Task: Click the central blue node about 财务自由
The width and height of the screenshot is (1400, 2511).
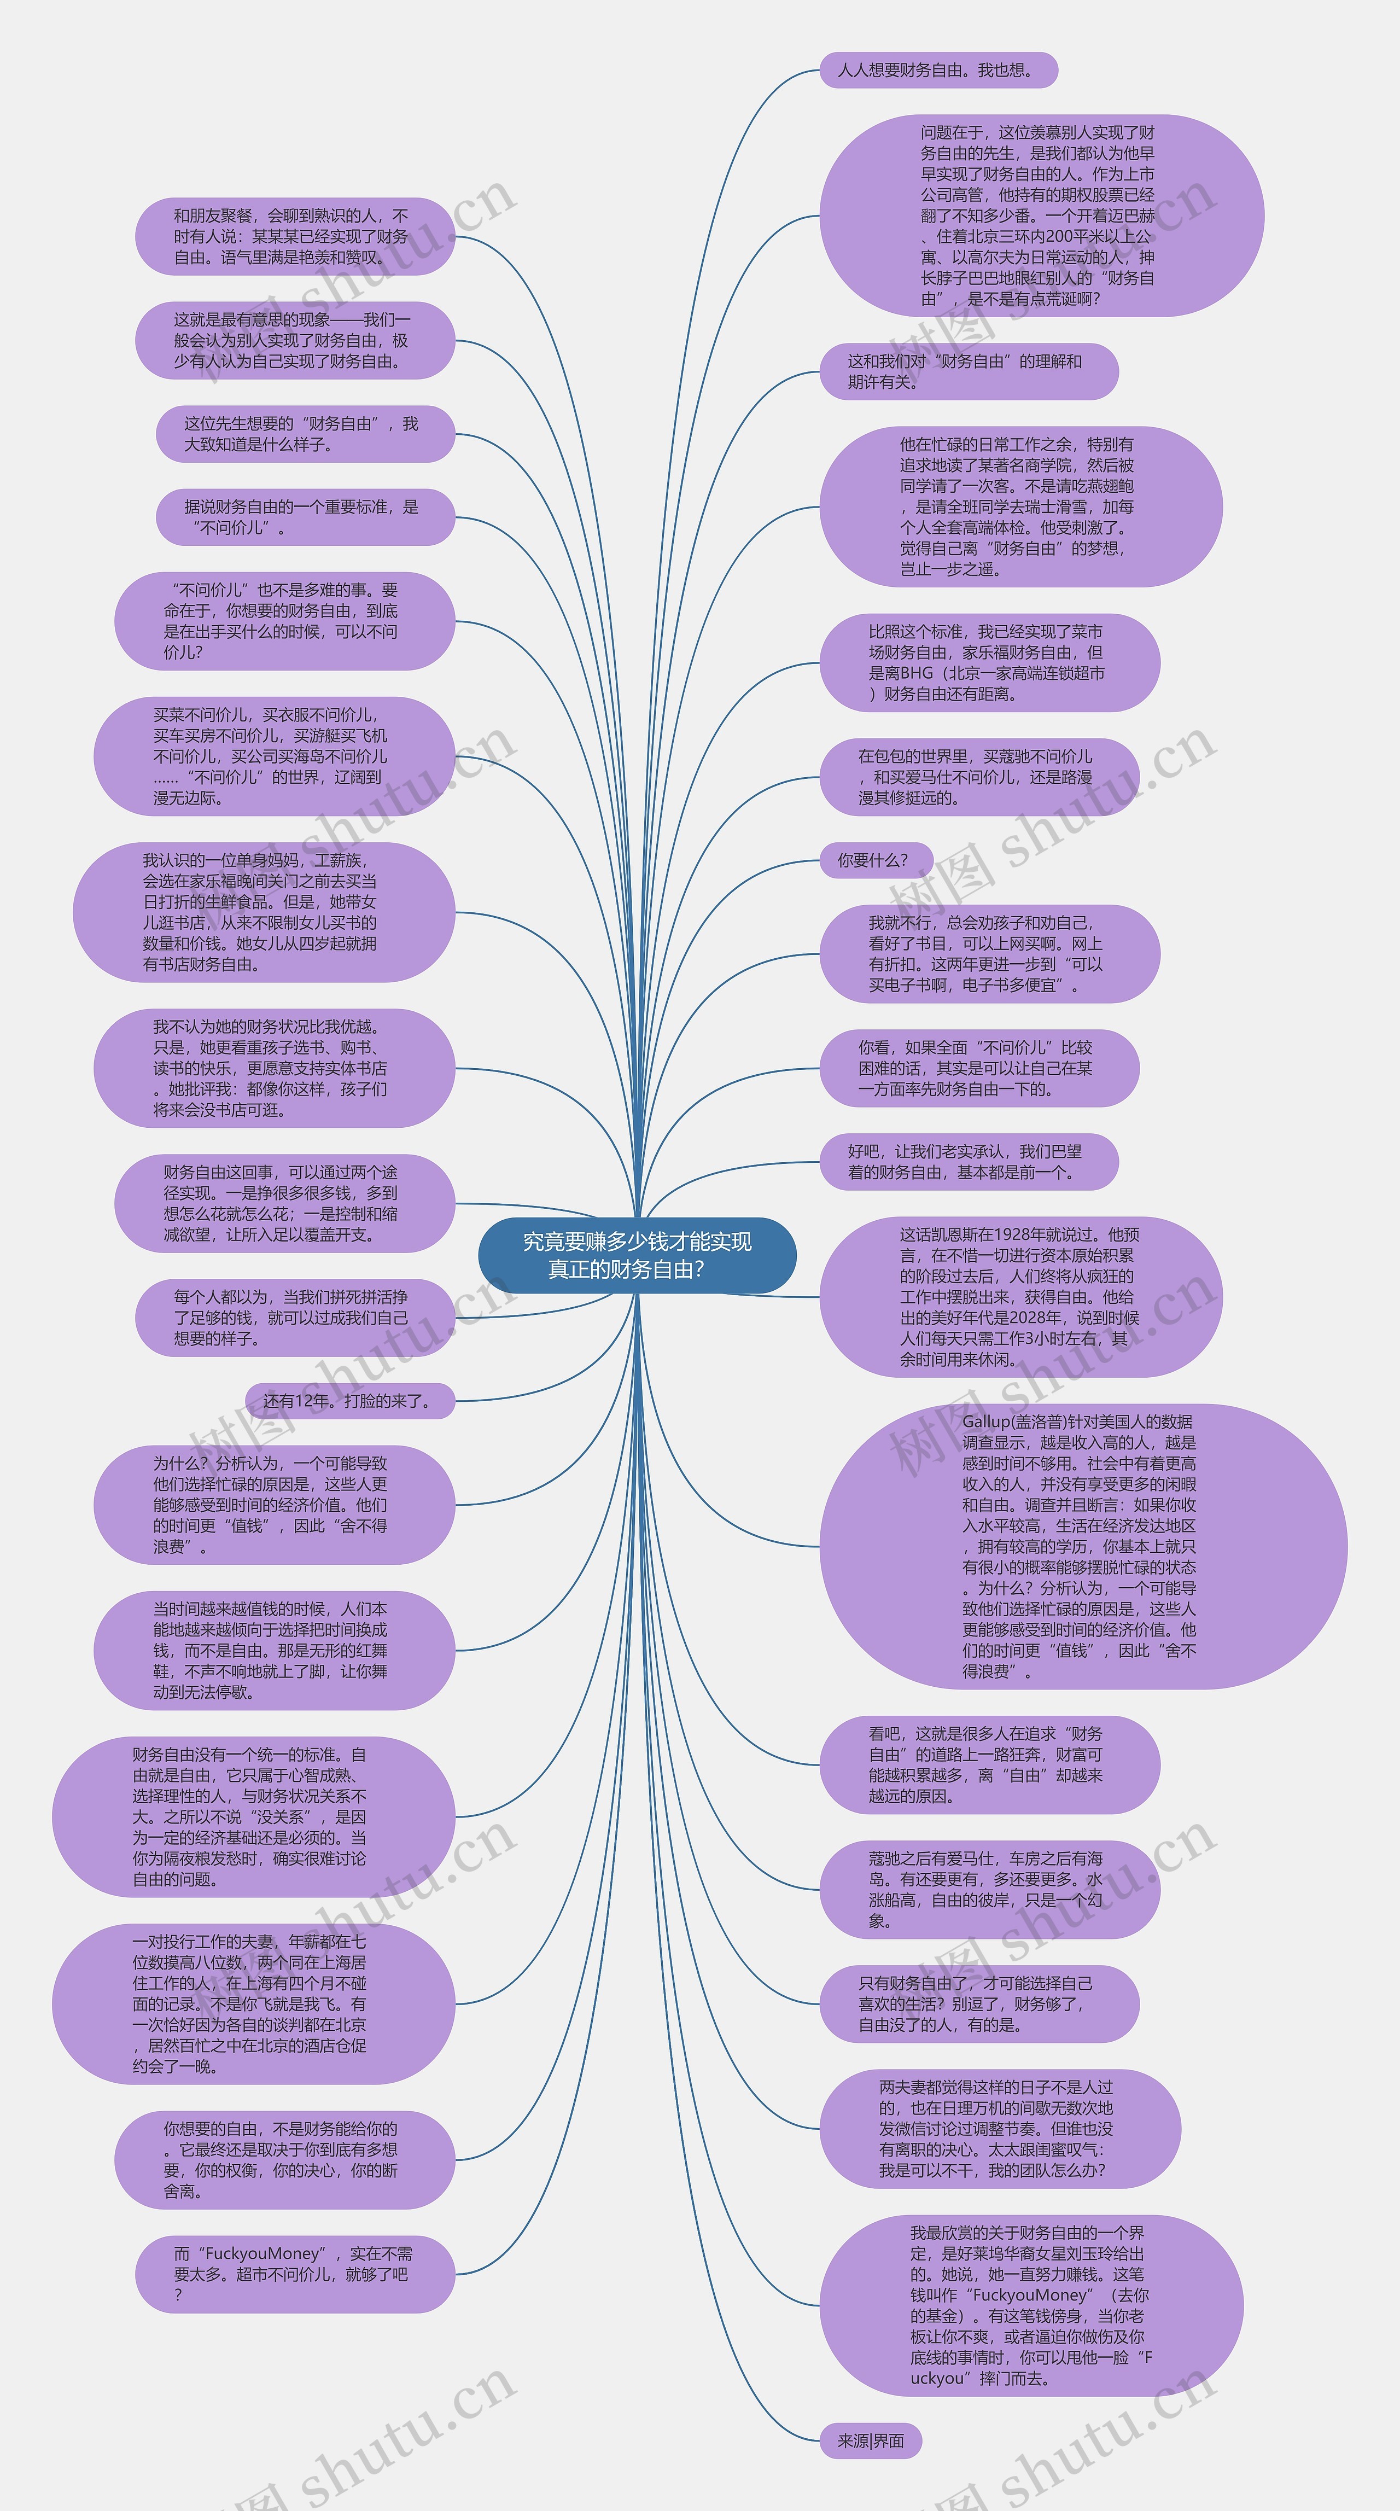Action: tap(637, 1256)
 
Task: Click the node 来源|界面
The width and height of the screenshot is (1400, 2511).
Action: tap(871, 2441)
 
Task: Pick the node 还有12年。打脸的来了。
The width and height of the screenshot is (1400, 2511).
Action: tap(348, 1401)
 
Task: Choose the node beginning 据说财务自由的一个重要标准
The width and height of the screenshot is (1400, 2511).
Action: tap(303, 517)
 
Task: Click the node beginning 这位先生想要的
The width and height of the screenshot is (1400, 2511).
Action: tap(303, 434)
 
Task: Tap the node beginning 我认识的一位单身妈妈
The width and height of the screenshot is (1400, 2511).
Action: tap(263, 912)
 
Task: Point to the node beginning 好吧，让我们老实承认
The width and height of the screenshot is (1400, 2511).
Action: tap(967, 1162)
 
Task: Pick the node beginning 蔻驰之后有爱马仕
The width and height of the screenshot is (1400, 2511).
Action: tap(989, 1890)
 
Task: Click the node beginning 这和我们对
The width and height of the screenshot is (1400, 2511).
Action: tap(967, 371)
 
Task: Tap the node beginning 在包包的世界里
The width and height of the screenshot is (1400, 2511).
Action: tap(978, 777)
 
